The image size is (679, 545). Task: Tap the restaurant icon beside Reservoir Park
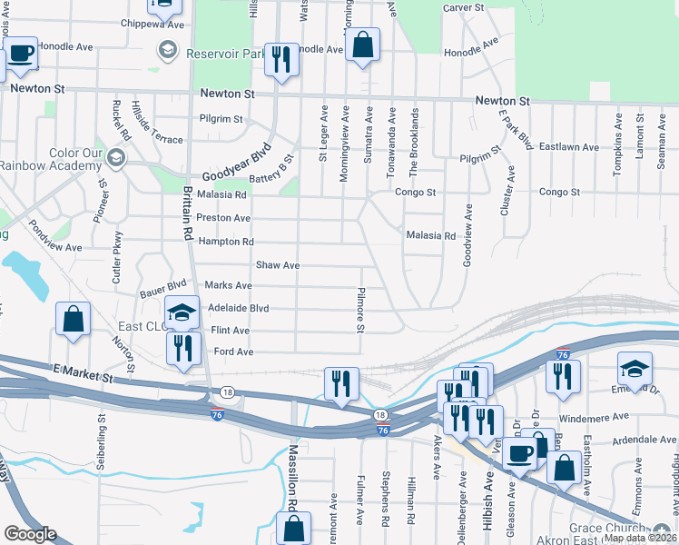point(280,60)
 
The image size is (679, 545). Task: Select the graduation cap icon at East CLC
point(182,312)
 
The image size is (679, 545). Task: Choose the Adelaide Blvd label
point(240,308)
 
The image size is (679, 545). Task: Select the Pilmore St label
point(360,309)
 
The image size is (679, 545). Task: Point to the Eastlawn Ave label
point(568,147)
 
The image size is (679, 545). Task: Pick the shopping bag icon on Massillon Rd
point(294,529)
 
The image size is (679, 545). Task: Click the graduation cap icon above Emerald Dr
point(635,369)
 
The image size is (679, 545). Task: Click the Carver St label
point(467,8)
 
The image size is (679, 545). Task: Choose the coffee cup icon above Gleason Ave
point(521,452)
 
